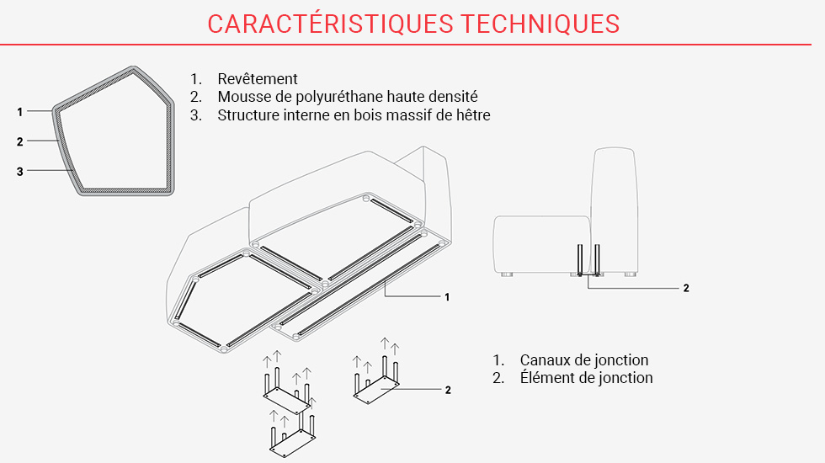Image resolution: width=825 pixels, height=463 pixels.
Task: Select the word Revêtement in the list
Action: pos(258,79)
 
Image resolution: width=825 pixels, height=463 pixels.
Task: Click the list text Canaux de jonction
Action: pos(583,360)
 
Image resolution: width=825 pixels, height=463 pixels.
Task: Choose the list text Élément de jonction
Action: pos(586,378)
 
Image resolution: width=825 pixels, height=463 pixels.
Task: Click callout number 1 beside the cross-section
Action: pos(19,111)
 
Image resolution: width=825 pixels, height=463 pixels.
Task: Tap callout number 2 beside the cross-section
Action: pos(19,141)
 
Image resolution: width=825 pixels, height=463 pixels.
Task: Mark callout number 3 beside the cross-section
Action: pos(19,172)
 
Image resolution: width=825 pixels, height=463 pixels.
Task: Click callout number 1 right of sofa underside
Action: pos(447,296)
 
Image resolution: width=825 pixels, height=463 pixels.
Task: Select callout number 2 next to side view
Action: pos(686,288)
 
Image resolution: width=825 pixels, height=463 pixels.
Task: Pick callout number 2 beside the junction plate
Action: pos(448,390)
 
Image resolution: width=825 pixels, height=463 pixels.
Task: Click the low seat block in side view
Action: pos(539,244)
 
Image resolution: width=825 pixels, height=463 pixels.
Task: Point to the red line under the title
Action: pos(412,44)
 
